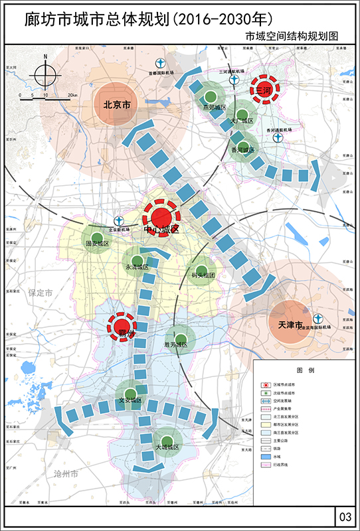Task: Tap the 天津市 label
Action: pos(290,325)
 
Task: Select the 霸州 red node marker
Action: pos(122,327)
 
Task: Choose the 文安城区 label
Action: pos(130,400)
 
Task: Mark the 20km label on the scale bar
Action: pos(72,96)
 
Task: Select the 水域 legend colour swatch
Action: pos(265,457)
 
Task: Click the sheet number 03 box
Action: pos(344,516)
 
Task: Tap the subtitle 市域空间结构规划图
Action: pos(292,37)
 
